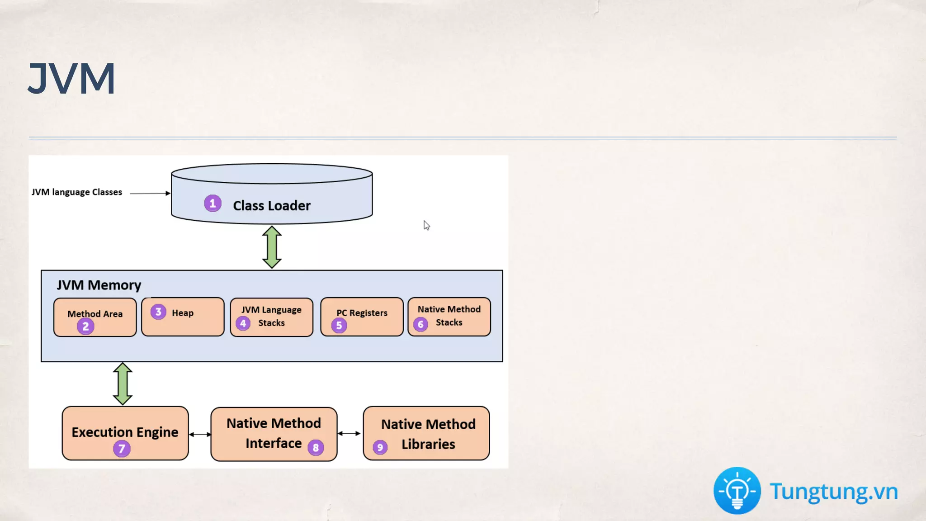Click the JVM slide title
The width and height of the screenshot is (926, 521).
click(71, 79)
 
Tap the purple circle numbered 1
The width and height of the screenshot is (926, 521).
click(213, 204)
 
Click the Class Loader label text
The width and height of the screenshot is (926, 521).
click(272, 206)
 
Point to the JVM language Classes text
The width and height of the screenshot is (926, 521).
click(77, 192)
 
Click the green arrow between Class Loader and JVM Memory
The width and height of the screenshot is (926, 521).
click(272, 247)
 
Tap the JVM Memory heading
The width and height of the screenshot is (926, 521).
click(99, 285)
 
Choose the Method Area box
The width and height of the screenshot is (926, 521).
click(95, 317)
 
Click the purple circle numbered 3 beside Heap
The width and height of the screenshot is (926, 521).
click(158, 312)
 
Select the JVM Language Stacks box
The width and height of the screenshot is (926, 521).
click(272, 317)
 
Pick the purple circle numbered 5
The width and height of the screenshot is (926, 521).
click(339, 325)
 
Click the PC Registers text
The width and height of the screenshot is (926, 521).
click(362, 313)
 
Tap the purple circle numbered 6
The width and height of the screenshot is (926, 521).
click(420, 324)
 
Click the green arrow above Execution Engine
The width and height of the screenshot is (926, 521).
click(123, 384)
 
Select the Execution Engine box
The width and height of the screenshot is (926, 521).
click(125, 433)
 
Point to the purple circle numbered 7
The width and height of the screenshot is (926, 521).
click(122, 449)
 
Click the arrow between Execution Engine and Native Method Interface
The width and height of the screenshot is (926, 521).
click(200, 435)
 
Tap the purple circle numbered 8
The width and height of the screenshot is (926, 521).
click(316, 448)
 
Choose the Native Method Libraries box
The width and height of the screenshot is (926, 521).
click(426, 433)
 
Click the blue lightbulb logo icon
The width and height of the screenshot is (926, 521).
click(737, 491)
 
